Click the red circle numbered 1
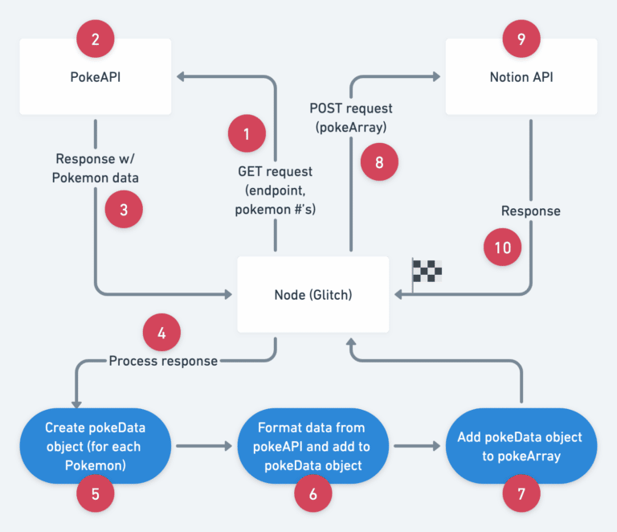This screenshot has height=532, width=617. [x=247, y=133]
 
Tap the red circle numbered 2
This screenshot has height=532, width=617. [x=96, y=38]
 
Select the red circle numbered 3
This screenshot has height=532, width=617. [x=124, y=209]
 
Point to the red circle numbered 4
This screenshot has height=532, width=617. [x=162, y=330]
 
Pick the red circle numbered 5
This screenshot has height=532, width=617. [x=96, y=494]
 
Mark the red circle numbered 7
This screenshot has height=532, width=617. [x=521, y=494]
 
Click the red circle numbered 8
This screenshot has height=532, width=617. [x=379, y=162]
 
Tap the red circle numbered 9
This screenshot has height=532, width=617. [x=521, y=38]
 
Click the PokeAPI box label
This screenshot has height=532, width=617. [x=96, y=78]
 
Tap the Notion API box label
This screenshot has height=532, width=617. [x=521, y=78]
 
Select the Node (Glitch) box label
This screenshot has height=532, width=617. [x=313, y=295]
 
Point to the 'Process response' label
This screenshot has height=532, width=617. [x=163, y=361]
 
